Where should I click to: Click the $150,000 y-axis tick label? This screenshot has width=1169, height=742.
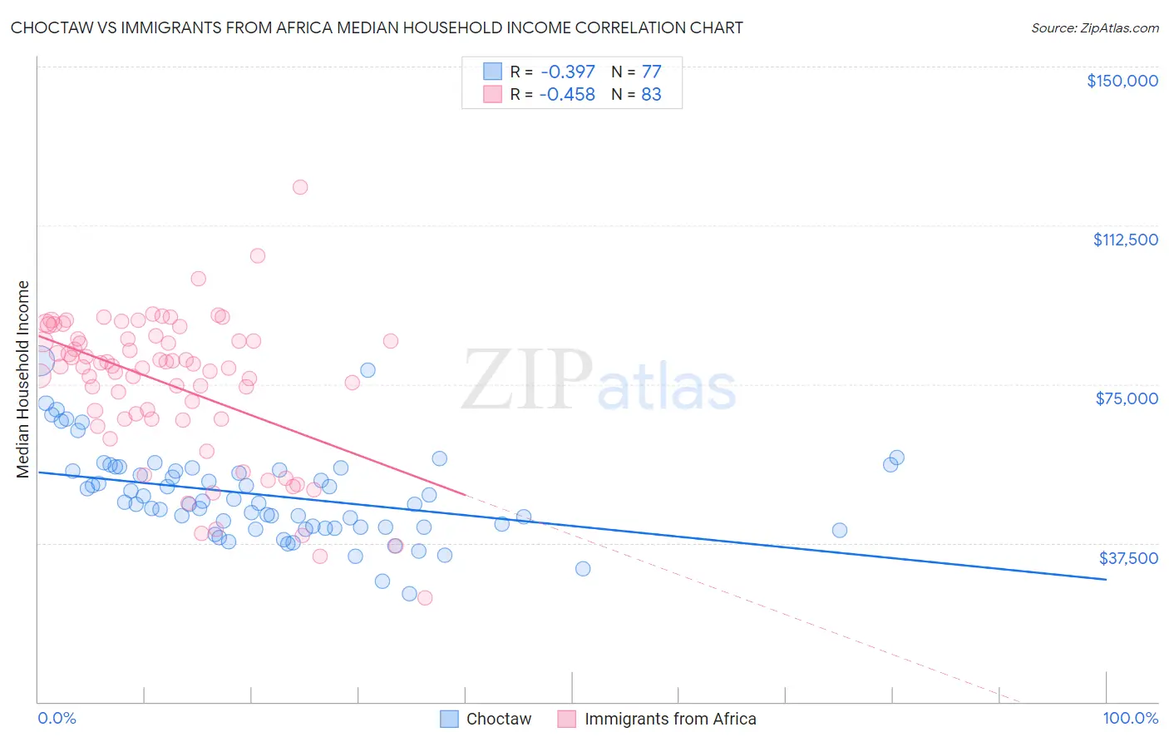pyautogui.click(x=1122, y=81)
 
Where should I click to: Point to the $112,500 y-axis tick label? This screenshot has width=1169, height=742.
pyautogui.click(x=1125, y=240)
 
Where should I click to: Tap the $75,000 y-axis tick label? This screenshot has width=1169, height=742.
pyautogui.click(x=1127, y=398)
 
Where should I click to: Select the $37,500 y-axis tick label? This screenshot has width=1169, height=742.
pyautogui.click(x=1127, y=558)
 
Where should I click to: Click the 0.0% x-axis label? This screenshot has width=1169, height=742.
pyautogui.click(x=57, y=718)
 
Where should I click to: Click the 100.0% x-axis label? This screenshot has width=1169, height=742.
pyautogui.click(x=1130, y=718)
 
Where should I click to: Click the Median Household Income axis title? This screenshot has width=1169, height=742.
pyautogui.click(x=23, y=379)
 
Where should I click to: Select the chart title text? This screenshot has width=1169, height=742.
pyautogui.click(x=377, y=27)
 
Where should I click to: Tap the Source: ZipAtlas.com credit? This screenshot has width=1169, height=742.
pyautogui.click(x=1094, y=27)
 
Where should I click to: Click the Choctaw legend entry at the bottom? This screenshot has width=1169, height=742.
pyautogui.click(x=498, y=719)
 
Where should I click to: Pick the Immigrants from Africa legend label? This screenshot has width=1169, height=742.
pyautogui.click(x=669, y=719)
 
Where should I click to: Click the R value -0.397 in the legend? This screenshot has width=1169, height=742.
pyautogui.click(x=567, y=72)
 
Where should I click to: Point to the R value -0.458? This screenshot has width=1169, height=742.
pyautogui.click(x=567, y=95)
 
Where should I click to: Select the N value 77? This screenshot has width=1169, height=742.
pyautogui.click(x=651, y=72)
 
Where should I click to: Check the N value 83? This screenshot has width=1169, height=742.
pyautogui.click(x=651, y=95)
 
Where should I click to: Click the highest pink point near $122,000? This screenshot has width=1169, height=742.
pyautogui.click(x=300, y=187)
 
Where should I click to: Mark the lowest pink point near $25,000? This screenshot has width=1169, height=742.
pyautogui.click(x=425, y=597)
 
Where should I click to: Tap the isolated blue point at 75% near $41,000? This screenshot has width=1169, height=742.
pyautogui.click(x=840, y=530)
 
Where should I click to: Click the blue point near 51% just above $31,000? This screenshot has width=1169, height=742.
pyautogui.click(x=583, y=569)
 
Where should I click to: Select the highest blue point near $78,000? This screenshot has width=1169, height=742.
pyautogui.click(x=367, y=370)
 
